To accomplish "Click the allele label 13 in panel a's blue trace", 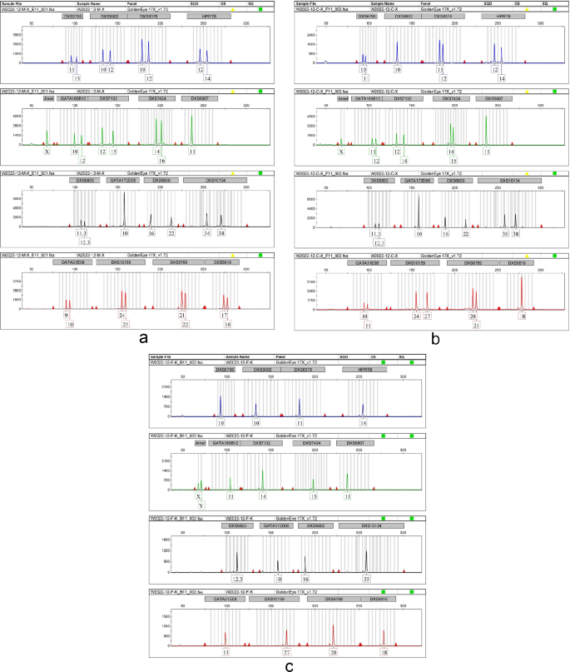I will (x=77, y=77).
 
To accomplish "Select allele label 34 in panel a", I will (x=207, y=234).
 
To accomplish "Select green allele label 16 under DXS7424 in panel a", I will (x=161, y=160).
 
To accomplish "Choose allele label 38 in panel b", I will (x=516, y=235).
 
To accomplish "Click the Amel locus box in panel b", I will (x=343, y=97).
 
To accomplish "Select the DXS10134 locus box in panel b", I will (x=509, y=179).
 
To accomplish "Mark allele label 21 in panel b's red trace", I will (x=477, y=325).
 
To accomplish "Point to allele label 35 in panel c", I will (x=366, y=578).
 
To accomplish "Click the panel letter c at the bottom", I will (x=288, y=665).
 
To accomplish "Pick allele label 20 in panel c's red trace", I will (x=333, y=652).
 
